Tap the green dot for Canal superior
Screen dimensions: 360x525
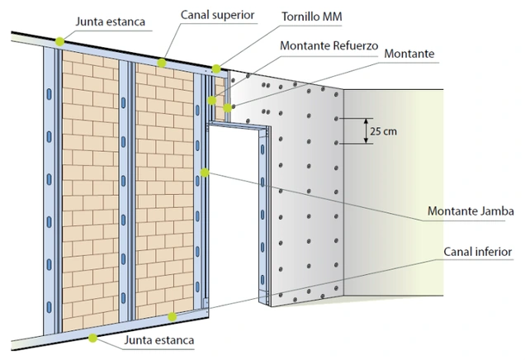tap(162, 63)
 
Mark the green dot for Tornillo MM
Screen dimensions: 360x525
tap(216, 69)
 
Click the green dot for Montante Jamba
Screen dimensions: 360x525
tap(205, 173)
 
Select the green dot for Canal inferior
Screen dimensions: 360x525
tap(172, 316)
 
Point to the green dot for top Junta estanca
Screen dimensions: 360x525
tap(59, 40)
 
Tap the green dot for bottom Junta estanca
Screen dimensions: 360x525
tap(92, 337)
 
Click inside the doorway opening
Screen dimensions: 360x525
tap(235, 215)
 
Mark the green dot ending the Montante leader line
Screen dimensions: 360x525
tap(228, 107)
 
